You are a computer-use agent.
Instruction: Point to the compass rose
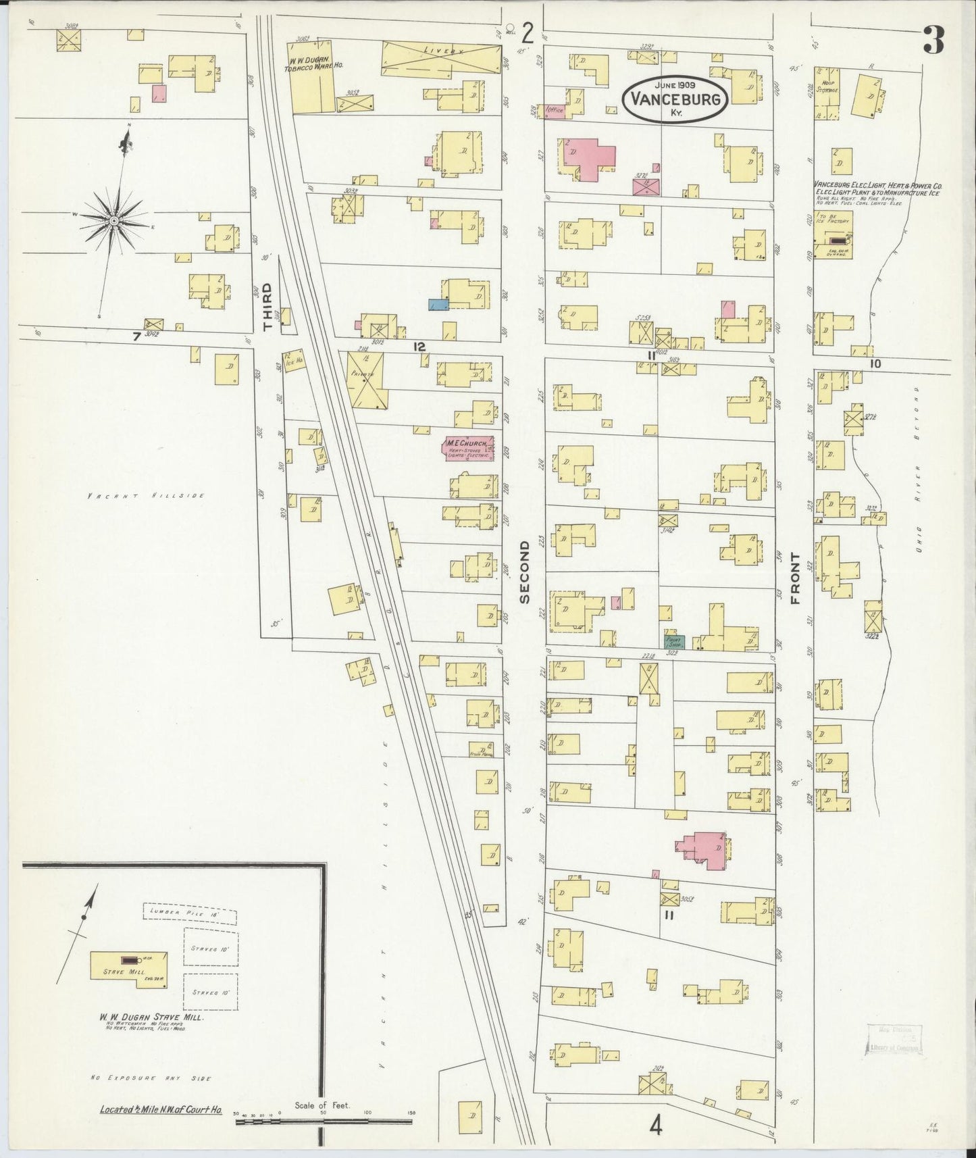(x=113, y=221)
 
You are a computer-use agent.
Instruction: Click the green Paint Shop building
(x=674, y=643)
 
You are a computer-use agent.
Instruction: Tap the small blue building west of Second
(x=438, y=305)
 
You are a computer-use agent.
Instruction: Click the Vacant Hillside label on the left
(x=145, y=495)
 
